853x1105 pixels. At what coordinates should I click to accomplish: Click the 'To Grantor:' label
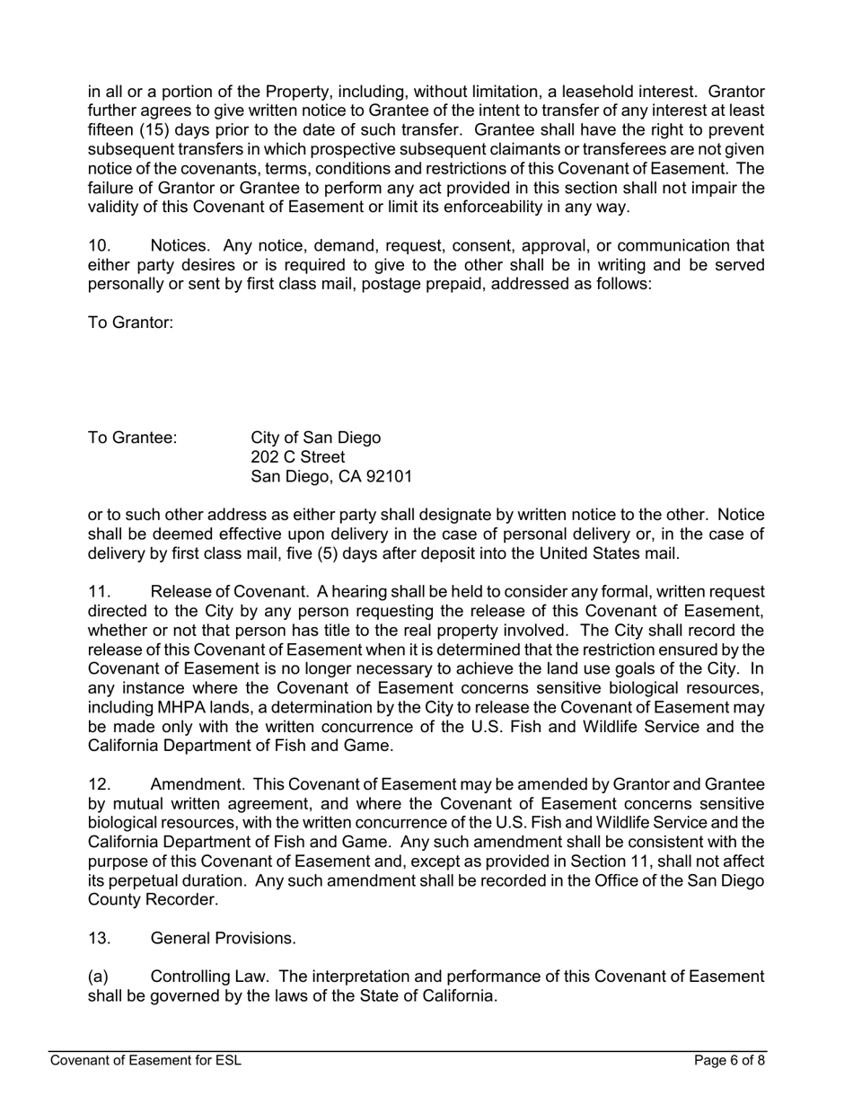pos(130,323)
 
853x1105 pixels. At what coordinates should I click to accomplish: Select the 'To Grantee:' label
pos(132,438)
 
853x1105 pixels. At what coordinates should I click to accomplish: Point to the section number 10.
pos(100,245)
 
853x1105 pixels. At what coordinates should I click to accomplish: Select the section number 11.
pos(100,591)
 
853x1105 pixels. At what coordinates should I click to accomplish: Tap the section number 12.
pos(100,783)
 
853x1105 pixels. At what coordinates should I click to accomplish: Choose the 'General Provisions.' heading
pos(223,938)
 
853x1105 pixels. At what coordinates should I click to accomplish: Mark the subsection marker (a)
pos(98,977)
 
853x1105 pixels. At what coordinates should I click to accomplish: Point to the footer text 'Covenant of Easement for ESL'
pos(145,1061)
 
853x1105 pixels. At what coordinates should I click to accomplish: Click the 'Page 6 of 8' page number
pos(729,1061)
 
